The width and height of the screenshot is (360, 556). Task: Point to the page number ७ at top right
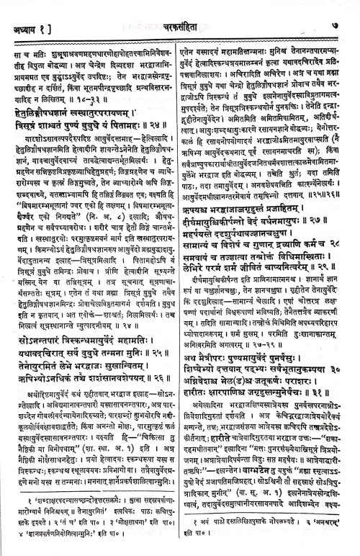(346, 9)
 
